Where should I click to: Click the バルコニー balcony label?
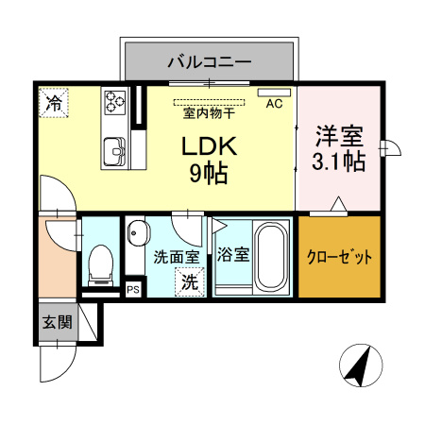(210, 62)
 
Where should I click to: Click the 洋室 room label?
(338, 135)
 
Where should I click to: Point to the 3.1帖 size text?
(338, 161)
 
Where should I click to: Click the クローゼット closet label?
(339, 257)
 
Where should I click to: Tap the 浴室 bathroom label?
(231, 254)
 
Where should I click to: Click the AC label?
(275, 104)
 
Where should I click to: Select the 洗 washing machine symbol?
(189, 280)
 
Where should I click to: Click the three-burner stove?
(116, 101)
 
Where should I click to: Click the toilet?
(99, 264)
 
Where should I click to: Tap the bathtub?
(272, 257)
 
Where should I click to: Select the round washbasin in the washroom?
(138, 231)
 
